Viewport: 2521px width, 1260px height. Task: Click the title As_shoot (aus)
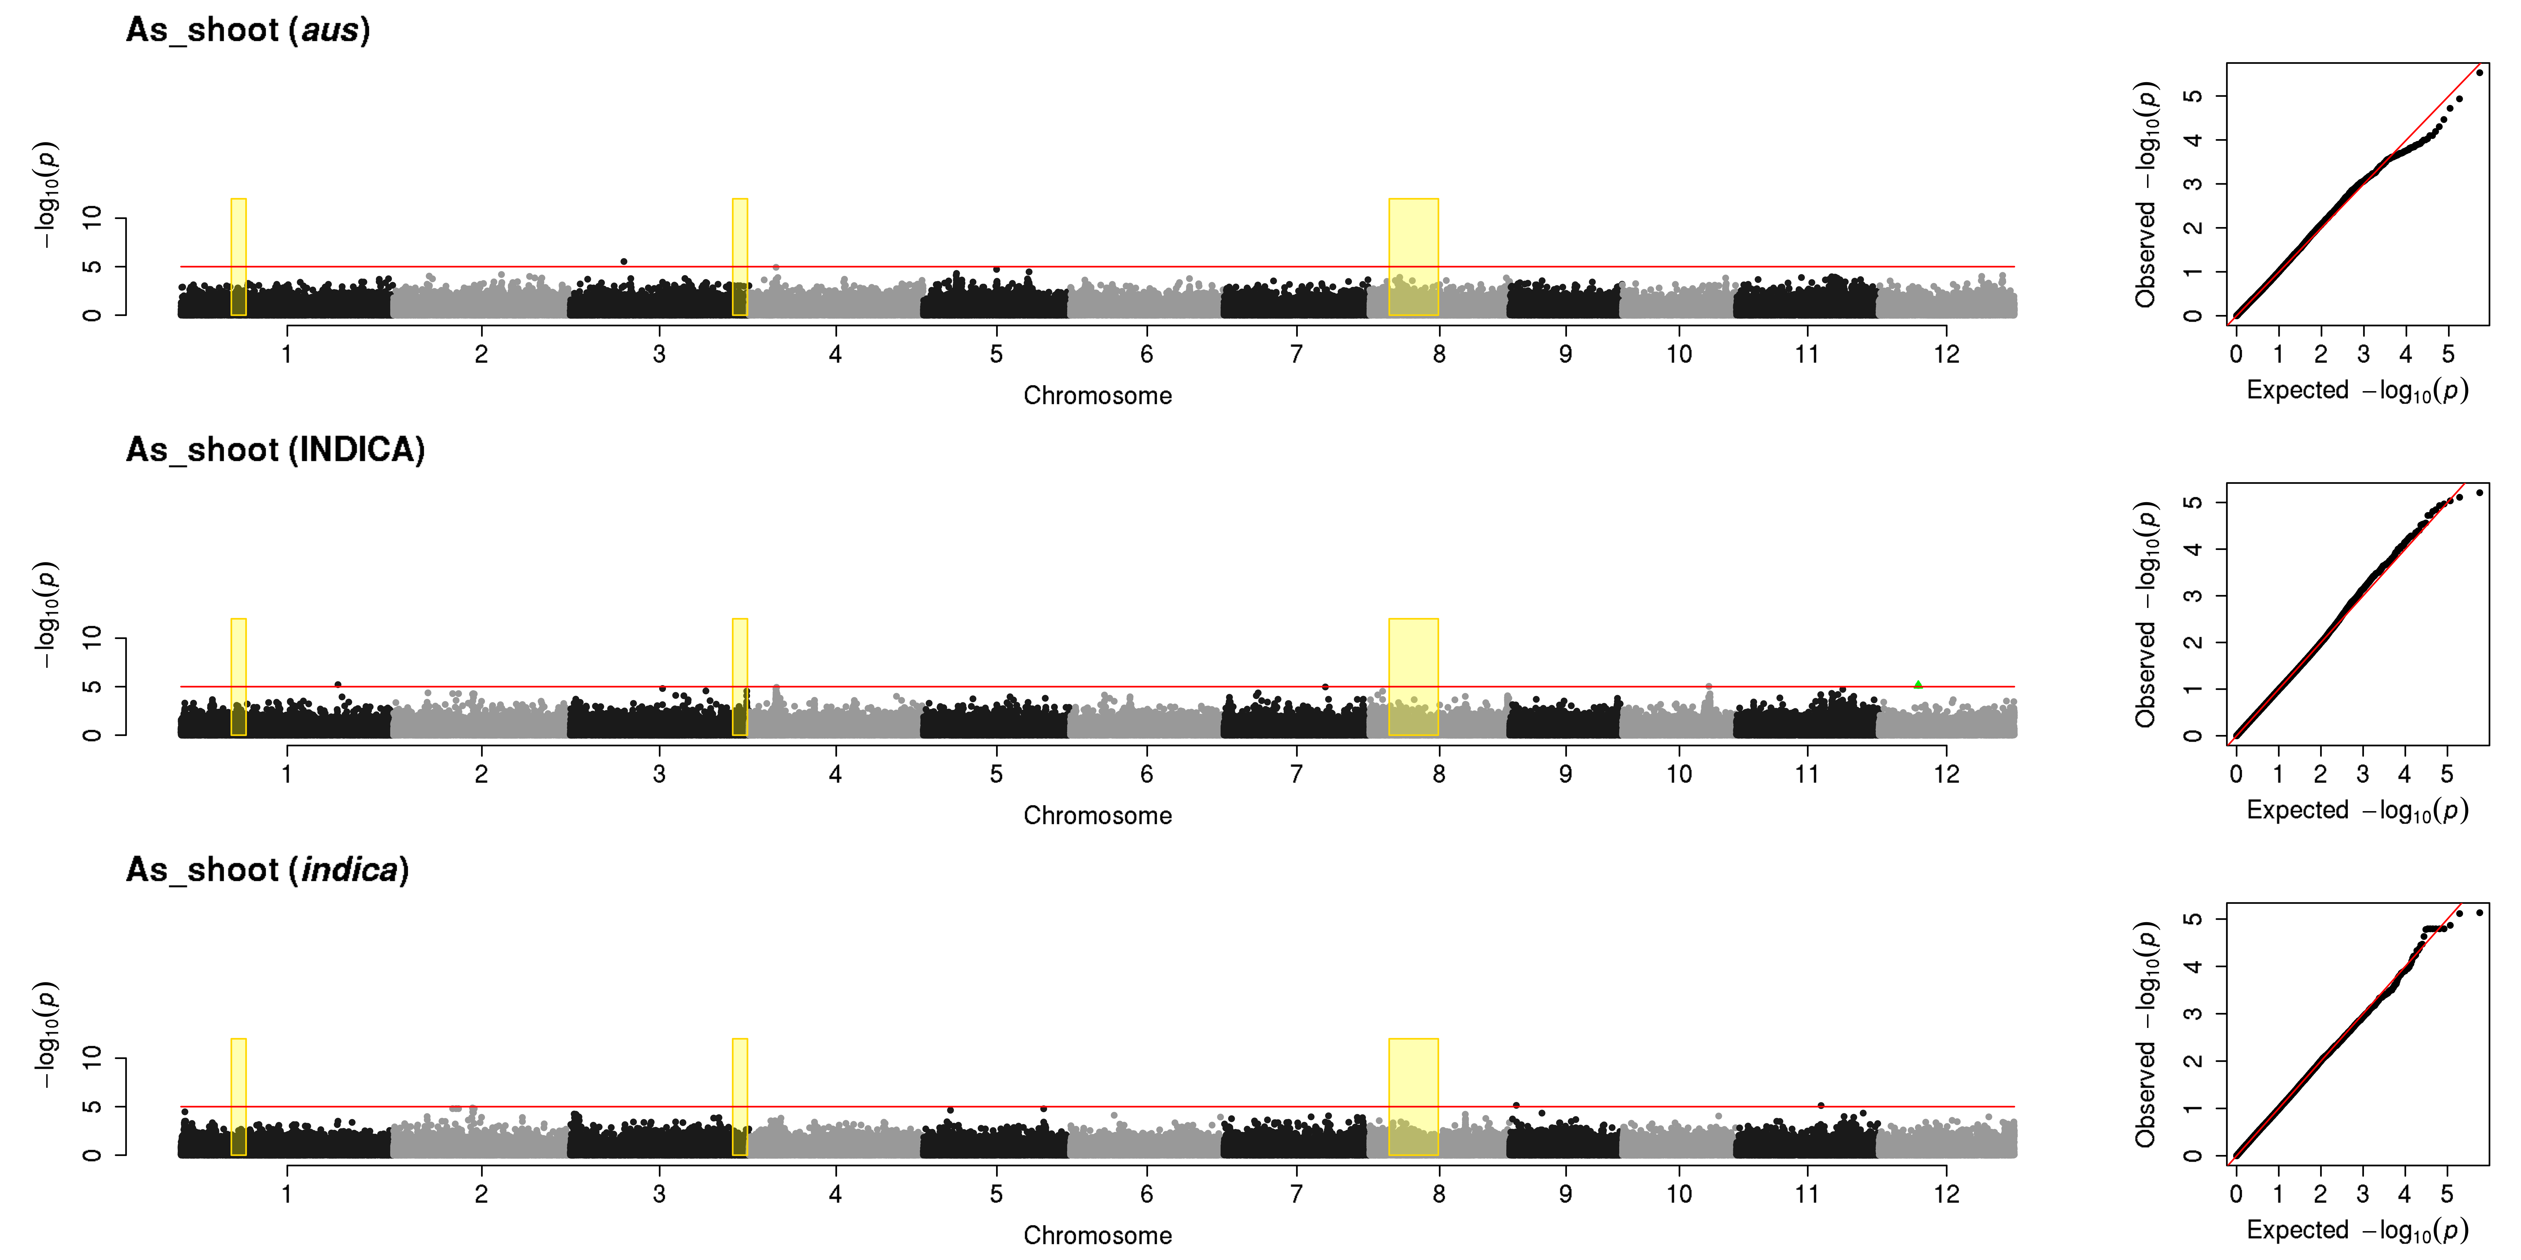click(x=248, y=30)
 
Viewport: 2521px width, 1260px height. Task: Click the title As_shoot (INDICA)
click(x=275, y=450)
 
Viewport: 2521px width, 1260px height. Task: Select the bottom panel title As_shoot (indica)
click(x=267, y=870)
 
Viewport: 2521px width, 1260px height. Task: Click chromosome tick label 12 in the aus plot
click(x=1946, y=354)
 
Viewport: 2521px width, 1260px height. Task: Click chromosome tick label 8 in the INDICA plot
click(x=1439, y=774)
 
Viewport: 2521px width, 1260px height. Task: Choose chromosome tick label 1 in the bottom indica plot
click(x=287, y=1194)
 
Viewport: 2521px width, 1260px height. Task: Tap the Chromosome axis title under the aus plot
click(x=1097, y=395)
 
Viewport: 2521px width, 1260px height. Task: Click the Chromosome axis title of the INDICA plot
click(x=1097, y=815)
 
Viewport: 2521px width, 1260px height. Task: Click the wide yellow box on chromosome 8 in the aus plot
click(x=1413, y=257)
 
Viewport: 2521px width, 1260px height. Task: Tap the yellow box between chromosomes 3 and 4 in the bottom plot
click(x=740, y=1097)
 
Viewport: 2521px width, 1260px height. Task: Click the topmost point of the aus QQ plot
click(x=2479, y=72)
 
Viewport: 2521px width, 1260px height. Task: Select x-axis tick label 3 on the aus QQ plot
click(x=2363, y=354)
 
